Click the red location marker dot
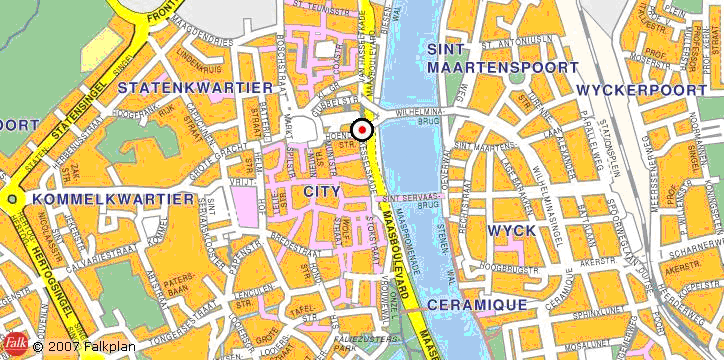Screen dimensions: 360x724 pos(362,129)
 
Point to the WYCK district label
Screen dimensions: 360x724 pos(511,230)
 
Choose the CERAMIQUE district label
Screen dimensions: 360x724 pos(476,303)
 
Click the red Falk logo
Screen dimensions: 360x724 pos(14,345)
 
